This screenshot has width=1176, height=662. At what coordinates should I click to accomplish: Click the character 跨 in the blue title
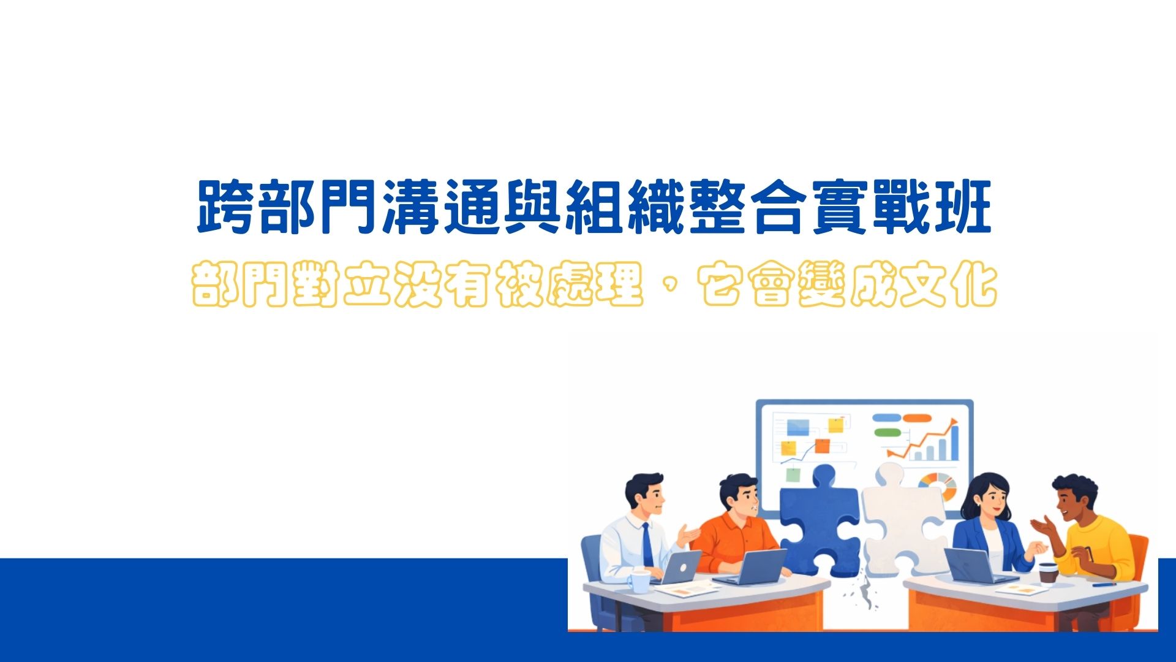pos(225,207)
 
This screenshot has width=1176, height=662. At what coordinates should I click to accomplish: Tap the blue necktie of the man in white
pos(647,545)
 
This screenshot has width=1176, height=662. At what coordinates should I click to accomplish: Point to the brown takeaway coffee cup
pos(1048,572)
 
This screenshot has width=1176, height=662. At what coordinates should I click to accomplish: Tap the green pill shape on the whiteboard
pos(888,433)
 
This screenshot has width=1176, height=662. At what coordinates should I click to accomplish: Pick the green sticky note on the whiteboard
pos(793,474)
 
